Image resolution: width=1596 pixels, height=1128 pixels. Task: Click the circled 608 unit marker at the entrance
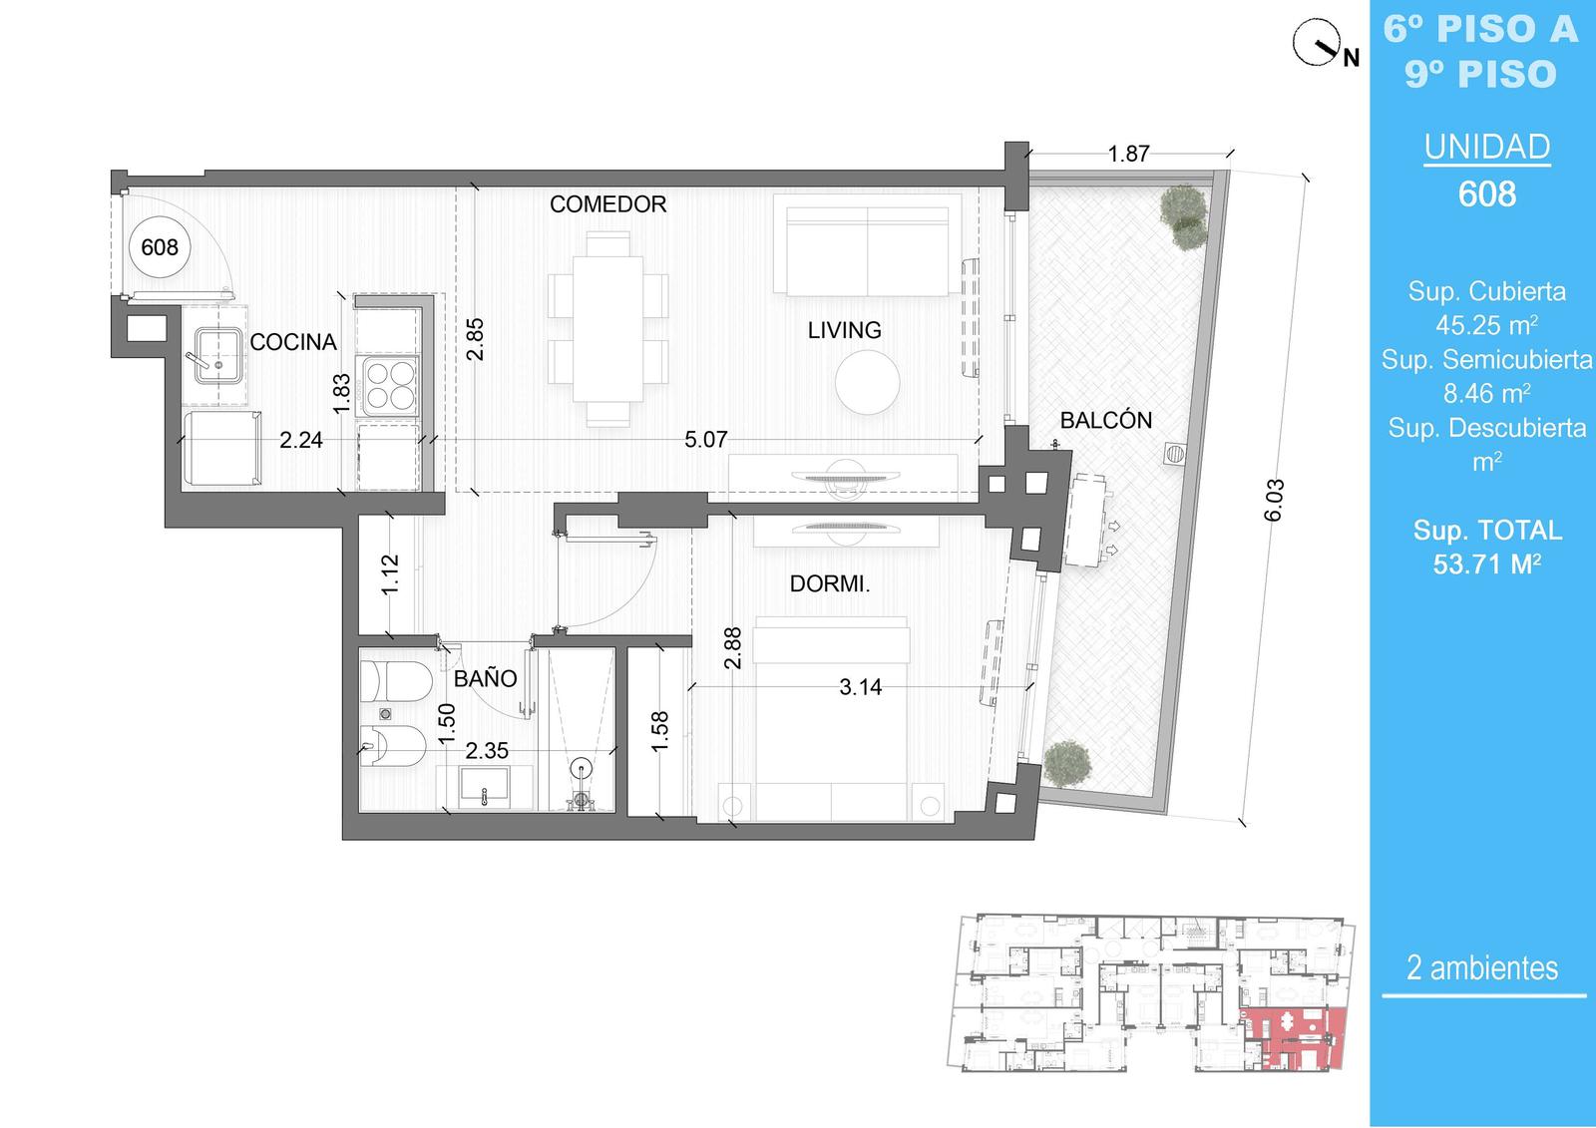160,247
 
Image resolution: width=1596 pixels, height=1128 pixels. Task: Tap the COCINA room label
293,342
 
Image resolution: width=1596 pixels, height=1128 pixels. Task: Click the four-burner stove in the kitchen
389,385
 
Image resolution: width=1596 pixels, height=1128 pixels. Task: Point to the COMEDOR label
607,204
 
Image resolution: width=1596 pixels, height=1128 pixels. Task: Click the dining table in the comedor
607,329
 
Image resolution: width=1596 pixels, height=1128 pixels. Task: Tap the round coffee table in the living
867,383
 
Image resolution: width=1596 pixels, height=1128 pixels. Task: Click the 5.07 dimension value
705,440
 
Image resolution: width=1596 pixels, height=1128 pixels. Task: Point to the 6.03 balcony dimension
1273,501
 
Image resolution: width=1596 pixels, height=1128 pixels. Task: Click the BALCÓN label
1106,421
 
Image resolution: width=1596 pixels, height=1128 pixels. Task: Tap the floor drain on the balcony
1174,454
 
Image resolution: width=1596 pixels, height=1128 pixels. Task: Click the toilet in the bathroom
396,681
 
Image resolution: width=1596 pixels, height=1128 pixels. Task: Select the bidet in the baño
393,746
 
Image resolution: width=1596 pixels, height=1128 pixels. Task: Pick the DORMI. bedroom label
829,584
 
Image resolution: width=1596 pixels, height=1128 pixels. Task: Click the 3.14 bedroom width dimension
860,687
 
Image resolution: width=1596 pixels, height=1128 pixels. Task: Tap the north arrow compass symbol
1317,43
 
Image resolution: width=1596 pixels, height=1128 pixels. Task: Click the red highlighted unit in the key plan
1293,1038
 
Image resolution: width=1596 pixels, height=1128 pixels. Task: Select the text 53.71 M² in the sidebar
1487,564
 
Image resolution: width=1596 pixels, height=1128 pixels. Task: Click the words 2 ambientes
1482,968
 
